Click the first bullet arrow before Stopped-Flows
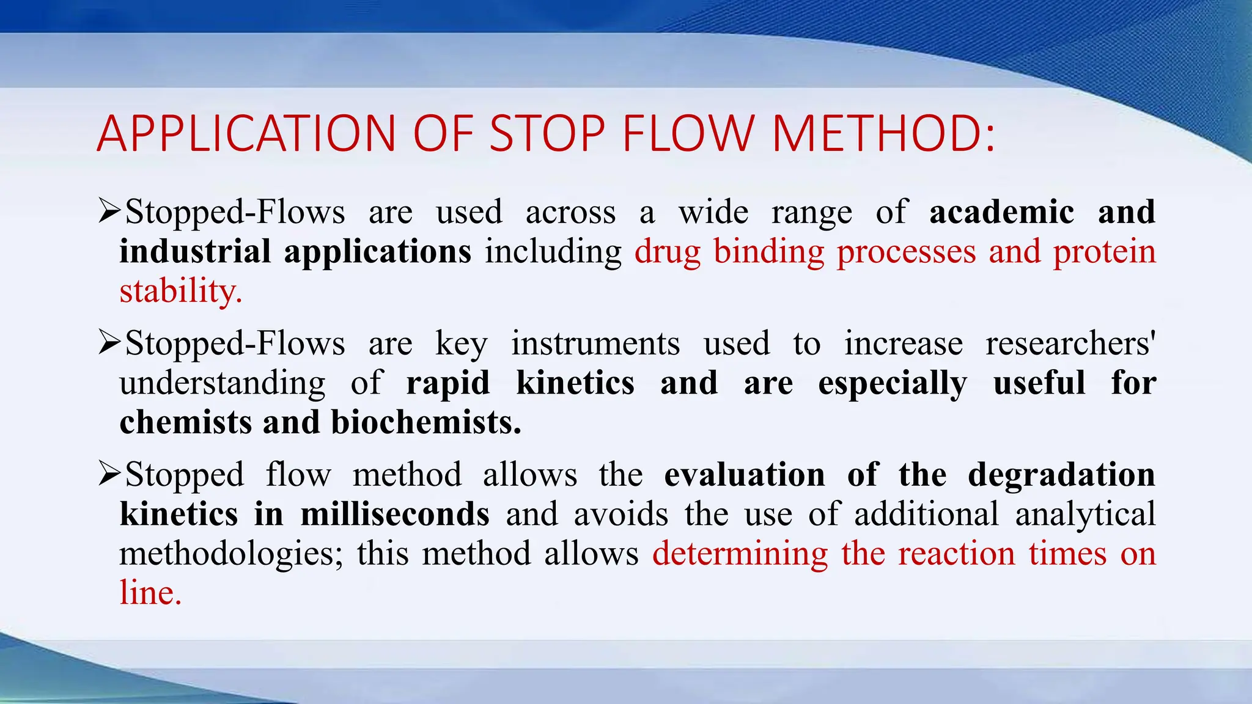click(109, 211)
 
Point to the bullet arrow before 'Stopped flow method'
click(109, 474)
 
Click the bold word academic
click(1001, 213)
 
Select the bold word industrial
click(195, 252)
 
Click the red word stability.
click(180, 291)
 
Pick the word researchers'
click(1070, 343)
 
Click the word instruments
click(595, 343)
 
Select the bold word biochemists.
click(425, 422)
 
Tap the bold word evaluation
click(744, 475)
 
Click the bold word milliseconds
click(394, 514)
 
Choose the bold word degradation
click(1061, 475)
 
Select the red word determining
click(740, 554)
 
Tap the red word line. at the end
click(150, 593)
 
